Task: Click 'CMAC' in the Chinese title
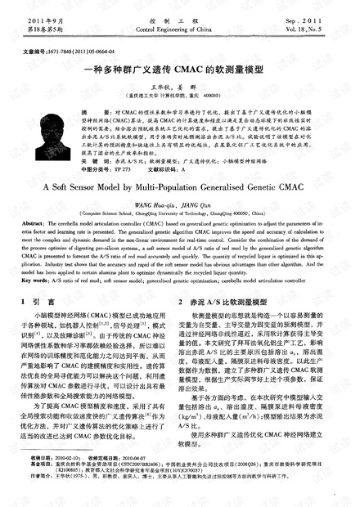coord(191,72)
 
